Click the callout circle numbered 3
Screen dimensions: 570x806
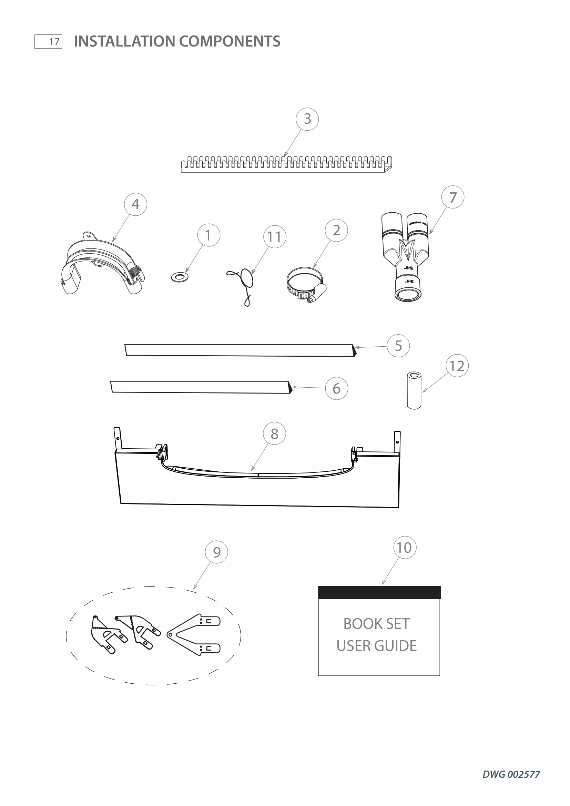coord(307,119)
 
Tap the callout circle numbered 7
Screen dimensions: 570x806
coord(453,197)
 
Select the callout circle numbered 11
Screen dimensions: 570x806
coord(274,237)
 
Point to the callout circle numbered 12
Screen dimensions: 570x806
coord(457,366)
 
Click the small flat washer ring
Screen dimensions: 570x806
coord(179,278)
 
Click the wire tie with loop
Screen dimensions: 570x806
coord(245,283)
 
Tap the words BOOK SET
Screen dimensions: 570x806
coord(376,624)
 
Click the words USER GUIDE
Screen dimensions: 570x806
coord(377,646)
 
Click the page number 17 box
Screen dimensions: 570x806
coord(49,42)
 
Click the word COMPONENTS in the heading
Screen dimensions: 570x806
coord(230,41)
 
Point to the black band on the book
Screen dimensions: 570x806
coord(379,592)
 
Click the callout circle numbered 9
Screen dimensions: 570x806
coord(216,552)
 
